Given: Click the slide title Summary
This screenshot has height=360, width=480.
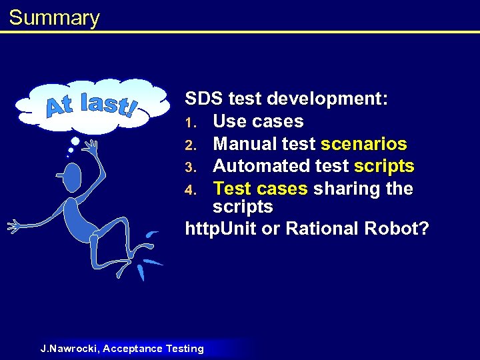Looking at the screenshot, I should click(x=54, y=17).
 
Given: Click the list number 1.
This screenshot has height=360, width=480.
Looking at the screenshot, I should click(x=189, y=123).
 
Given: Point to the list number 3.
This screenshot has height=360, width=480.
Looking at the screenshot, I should click(x=189, y=167).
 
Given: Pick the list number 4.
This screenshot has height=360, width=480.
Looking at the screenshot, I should click(x=189, y=189).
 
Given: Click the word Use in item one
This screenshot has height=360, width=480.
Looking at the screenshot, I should click(x=230, y=122).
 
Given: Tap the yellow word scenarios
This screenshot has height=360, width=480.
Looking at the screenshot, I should click(x=364, y=144).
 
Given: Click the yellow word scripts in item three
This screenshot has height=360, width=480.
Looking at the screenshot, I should click(x=385, y=166).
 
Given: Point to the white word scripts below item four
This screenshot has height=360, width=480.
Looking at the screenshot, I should click(x=243, y=207).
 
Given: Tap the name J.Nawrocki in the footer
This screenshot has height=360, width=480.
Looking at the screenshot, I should click(x=68, y=349).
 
